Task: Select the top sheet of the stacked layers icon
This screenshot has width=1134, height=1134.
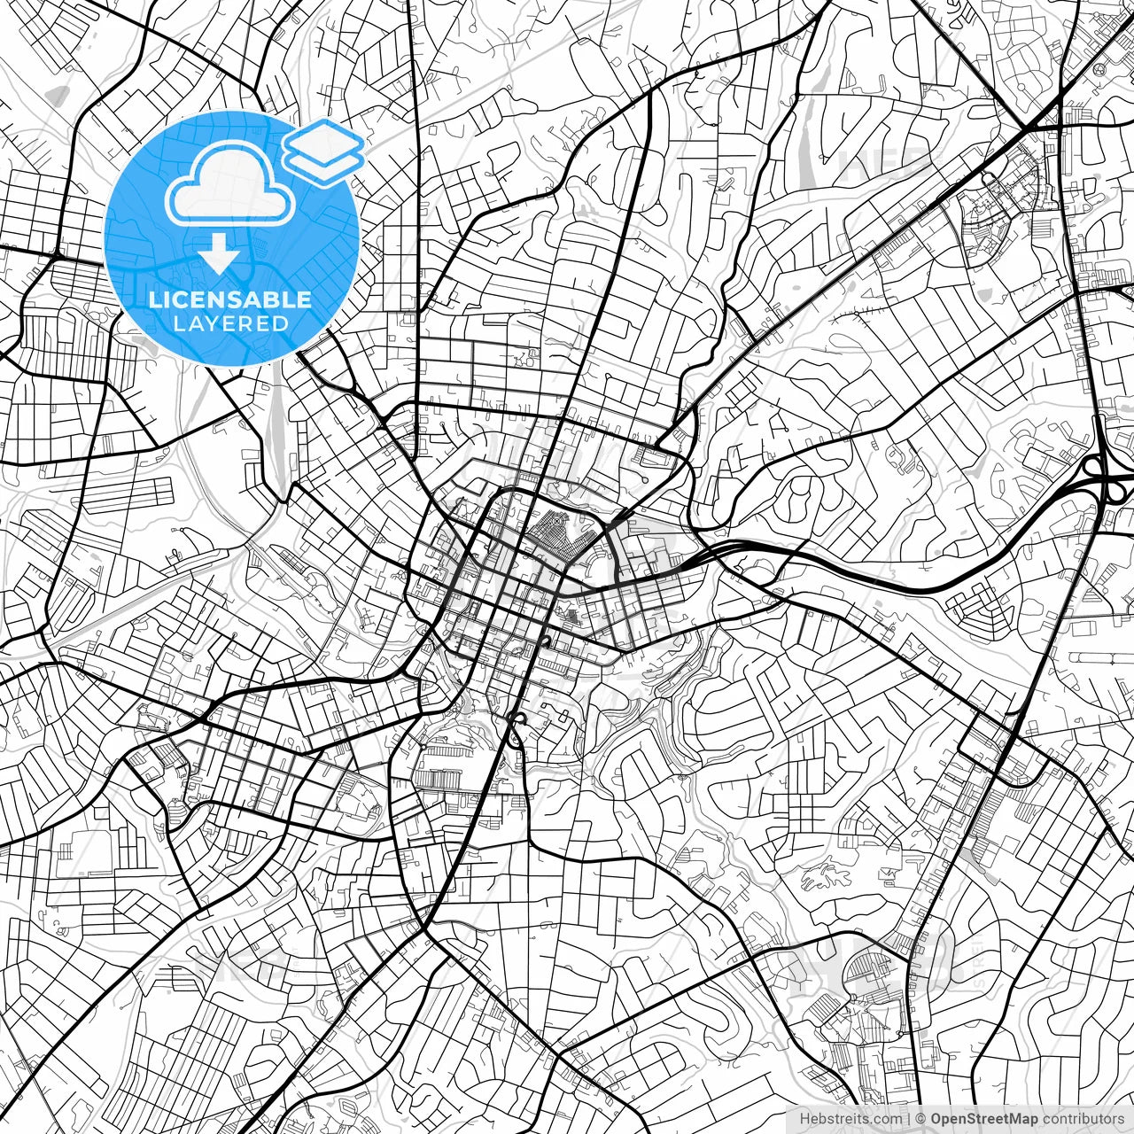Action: pyautogui.click(x=323, y=138)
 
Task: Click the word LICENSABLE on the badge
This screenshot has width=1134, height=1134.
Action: pyautogui.click(x=230, y=299)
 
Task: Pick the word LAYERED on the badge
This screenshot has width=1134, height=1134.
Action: pyautogui.click(x=230, y=323)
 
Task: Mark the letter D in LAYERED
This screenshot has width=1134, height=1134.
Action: pyautogui.click(x=281, y=323)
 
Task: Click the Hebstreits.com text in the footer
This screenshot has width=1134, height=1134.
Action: pyautogui.click(x=851, y=1119)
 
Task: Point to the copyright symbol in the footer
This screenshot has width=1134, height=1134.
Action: pyautogui.click(x=921, y=1119)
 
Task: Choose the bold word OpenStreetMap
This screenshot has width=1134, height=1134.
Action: pyautogui.click(x=983, y=1119)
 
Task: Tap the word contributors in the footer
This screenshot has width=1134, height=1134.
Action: pyautogui.click(x=1082, y=1119)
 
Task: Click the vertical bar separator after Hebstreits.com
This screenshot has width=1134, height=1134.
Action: pyautogui.click(x=910, y=1119)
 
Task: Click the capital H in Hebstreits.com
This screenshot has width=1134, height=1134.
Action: pyautogui.click(x=805, y=1119)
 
